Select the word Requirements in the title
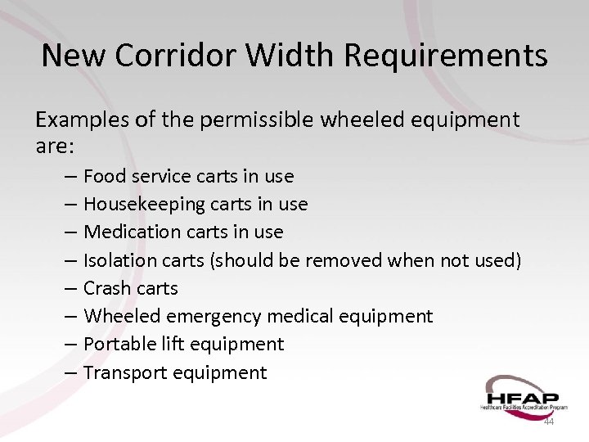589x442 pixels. point(446,56)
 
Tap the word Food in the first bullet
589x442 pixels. point(104,176)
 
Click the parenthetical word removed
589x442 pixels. point(339,260)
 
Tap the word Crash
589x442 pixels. point(107,288)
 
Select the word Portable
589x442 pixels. point(116,344)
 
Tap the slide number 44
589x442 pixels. point(549,422)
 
